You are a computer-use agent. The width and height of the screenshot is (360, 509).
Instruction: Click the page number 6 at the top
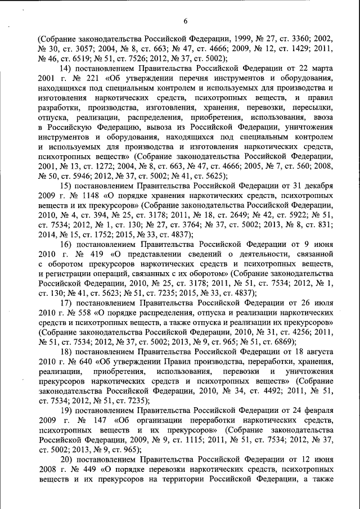click(x=184, y=22)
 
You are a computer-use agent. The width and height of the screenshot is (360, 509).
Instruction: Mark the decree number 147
click(x=100, y=420)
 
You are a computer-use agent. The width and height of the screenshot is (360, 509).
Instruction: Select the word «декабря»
click(x=316, y=185)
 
